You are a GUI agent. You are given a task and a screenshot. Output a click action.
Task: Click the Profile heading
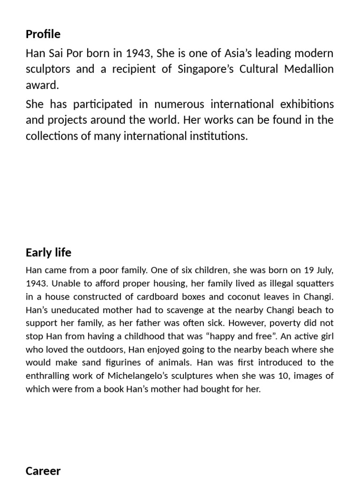[43, 34]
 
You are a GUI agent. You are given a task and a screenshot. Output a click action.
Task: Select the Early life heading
[49, 253]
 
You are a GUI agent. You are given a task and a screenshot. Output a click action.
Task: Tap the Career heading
[43, 471]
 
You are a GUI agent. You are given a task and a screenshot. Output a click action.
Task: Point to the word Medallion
[307, 69]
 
